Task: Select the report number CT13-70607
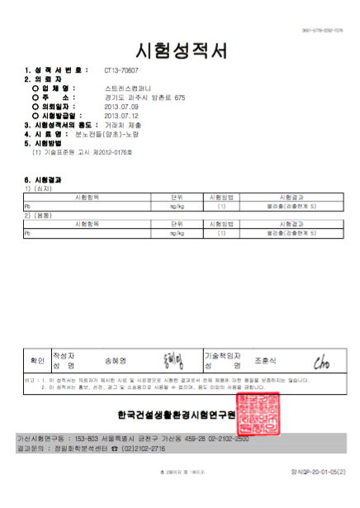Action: tap(122, 72)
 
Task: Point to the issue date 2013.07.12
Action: tap(127, 116)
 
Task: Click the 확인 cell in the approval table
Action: tap(37, 360)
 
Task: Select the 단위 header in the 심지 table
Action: tap(177, 198)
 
